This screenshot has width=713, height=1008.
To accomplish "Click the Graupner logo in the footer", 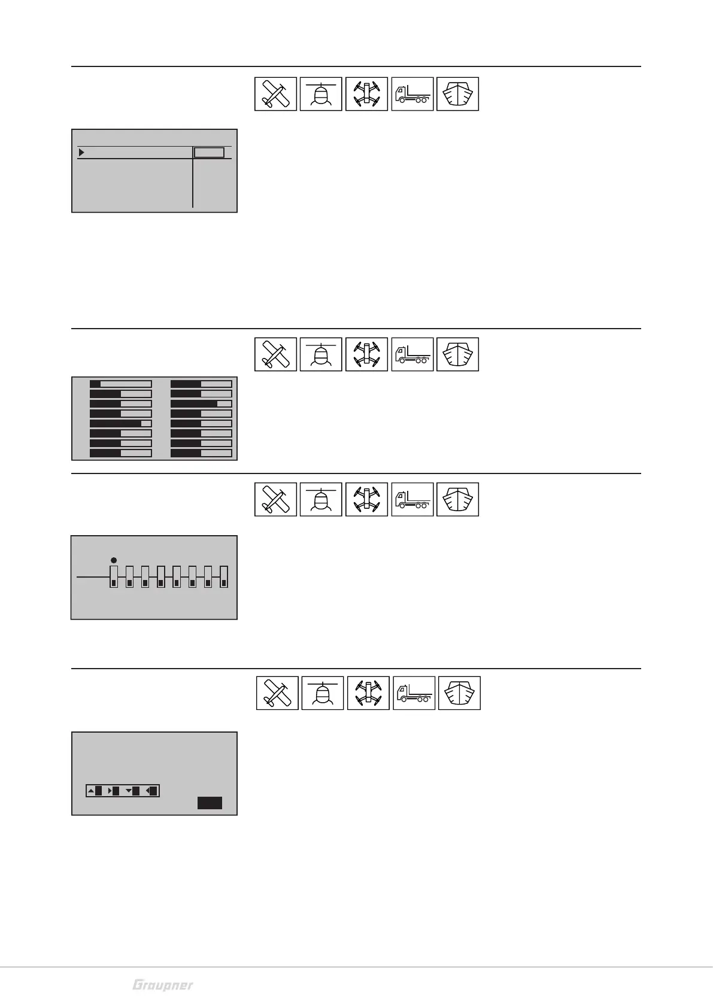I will pos(163,985).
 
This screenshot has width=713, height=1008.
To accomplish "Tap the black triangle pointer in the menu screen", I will pos(81,153).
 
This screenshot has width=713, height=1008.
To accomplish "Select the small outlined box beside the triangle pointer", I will pos(209,153).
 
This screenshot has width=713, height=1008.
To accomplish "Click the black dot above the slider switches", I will pos(114,560).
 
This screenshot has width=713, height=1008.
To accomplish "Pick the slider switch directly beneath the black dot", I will pos(114,576).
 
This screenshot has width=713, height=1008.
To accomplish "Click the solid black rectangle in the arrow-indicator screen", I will pos(210,803).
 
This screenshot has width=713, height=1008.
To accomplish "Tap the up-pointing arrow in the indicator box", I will pos(91,791).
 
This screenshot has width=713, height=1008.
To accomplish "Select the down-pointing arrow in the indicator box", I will pos(129,791).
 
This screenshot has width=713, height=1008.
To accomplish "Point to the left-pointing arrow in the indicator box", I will pos(148,791).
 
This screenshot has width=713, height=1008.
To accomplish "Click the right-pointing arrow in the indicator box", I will pos(110,791).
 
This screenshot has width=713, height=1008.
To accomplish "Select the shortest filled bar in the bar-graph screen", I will pos(95,384).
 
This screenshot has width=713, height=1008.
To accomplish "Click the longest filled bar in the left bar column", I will pos(116,423).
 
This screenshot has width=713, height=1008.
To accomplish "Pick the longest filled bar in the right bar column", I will pos(194,403).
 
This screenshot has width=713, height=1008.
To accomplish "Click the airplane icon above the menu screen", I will pos(275,94).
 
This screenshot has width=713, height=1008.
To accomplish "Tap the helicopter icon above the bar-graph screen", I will pos(321,354).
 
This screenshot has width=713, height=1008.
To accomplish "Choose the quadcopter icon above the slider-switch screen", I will pos(366,499).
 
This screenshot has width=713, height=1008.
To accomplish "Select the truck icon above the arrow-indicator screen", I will pos(414,693).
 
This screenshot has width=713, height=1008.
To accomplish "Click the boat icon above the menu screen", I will pos(457,94).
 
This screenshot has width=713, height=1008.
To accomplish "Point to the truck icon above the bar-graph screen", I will pos(412,354).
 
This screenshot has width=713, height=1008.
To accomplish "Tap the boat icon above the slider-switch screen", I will pos(457,499).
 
